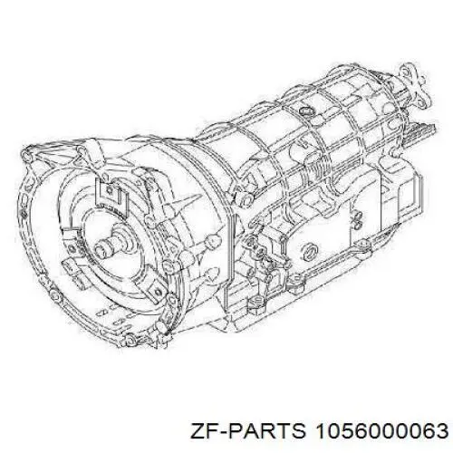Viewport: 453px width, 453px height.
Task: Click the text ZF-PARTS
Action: pyautogui.click(x=247, y=430)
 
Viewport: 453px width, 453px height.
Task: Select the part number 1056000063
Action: pyautogui.click(x=381, y=430)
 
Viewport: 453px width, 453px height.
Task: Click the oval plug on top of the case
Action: pyautogui.click(x=305, y=111)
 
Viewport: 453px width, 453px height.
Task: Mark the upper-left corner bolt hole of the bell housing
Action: pyautogui.click(x=26, y=156)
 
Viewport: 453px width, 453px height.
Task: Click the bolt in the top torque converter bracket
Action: pyautogui.click(x=109, y=189)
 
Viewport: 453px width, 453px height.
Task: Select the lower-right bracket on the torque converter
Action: pyautogui.click(x=155, y=290)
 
